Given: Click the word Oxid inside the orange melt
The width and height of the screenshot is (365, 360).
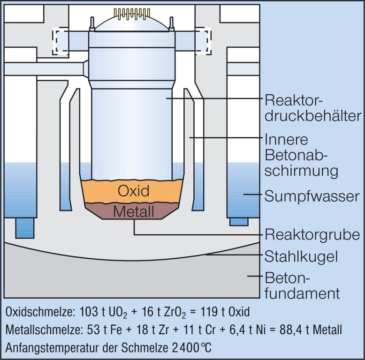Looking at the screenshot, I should pos(133,191).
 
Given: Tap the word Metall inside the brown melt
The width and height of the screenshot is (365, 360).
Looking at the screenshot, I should pos(133,212).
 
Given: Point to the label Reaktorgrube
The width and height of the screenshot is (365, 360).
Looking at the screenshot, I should pos(312,234).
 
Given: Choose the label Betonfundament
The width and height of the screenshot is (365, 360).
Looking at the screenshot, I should pos(302,285).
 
